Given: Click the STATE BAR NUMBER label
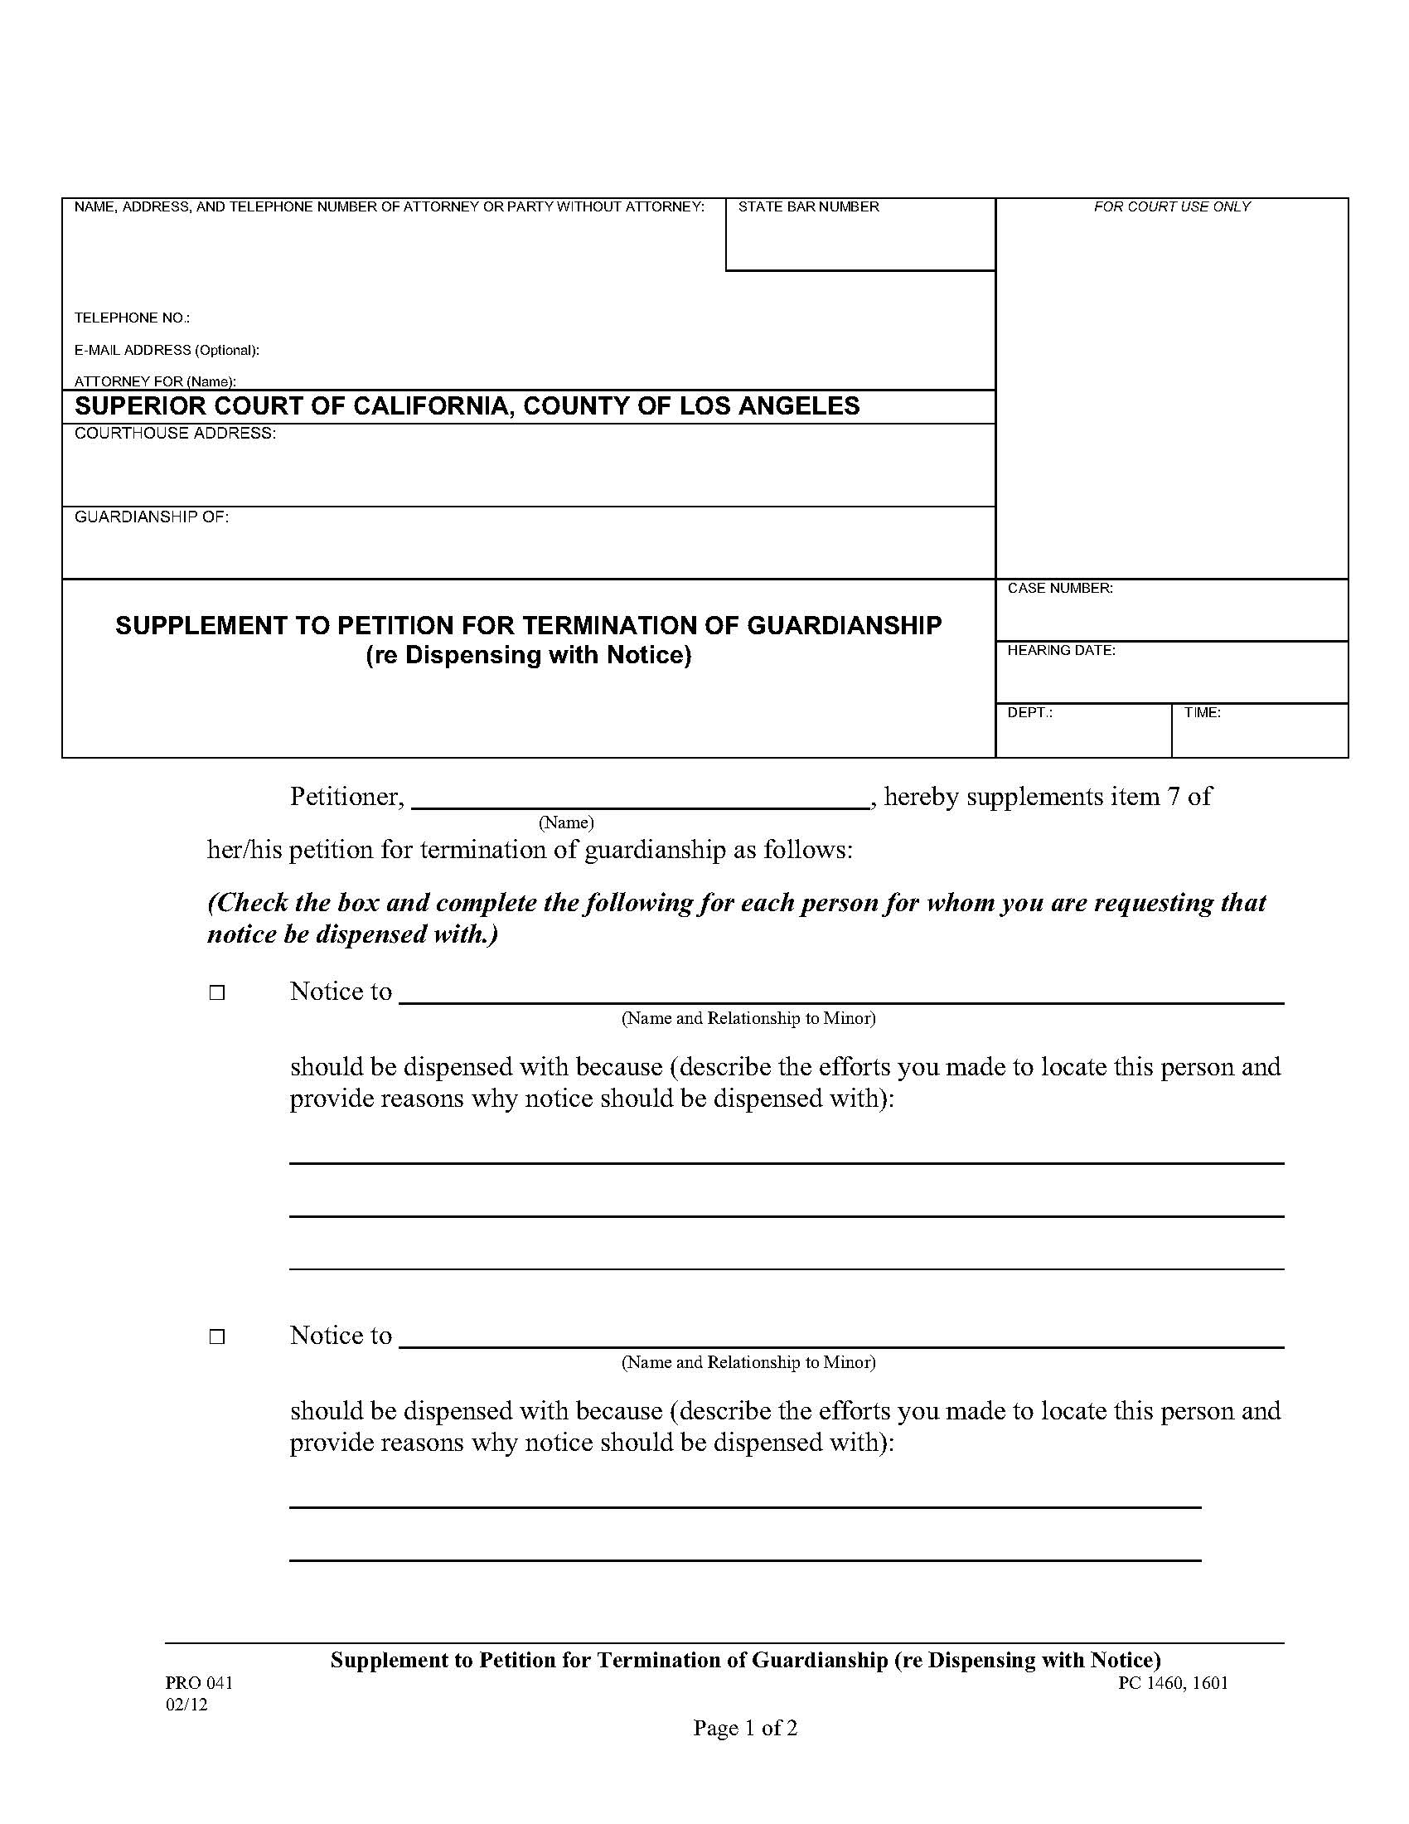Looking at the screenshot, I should point(808,206).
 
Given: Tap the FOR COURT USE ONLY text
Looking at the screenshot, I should point(1171,206).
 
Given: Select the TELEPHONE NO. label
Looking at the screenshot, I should point(132,318).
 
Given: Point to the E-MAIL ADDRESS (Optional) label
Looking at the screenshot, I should point(167,350).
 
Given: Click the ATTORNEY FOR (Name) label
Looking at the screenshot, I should point(155,381).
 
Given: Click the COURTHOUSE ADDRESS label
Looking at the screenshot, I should point(175,433).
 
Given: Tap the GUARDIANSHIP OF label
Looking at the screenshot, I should point(152,517).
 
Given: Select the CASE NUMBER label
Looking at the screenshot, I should point(1059,588).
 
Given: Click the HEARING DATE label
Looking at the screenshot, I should point(1061,650).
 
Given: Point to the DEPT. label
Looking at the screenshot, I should point(1029,712).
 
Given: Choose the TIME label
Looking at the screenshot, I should point(1202,712).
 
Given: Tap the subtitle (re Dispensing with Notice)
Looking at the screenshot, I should point(529,655).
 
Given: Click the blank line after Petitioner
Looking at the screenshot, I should point(640,798).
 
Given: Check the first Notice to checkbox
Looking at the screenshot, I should point(217,993).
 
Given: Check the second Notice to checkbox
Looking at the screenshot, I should point(217,1337).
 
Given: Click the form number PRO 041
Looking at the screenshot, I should point(199,1683).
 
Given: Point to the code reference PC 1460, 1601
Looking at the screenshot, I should point(1173,1683).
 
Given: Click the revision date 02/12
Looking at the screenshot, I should point(186,1705).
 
